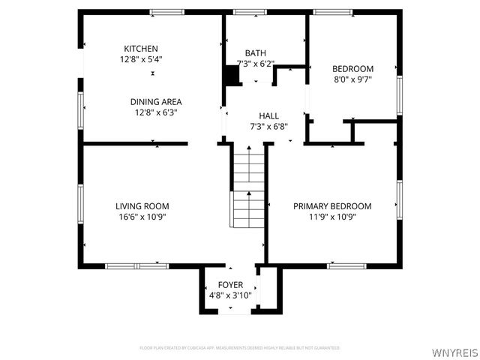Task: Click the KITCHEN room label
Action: pos(141,49)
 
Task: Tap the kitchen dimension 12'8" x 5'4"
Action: pos(141,58)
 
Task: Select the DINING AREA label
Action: pos(156,102)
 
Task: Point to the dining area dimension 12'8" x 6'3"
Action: pos(156,112)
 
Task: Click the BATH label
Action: pos(255,53)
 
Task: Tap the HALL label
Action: pos(268,116)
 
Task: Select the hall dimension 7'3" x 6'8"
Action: pos(268,127)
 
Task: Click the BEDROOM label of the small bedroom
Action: pos(352,69)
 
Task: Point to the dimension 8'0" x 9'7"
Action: pos(352,79)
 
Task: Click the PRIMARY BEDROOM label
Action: pos(332,206)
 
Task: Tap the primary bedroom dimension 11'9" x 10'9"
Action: pos(332,217)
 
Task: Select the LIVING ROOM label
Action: pos(142,206)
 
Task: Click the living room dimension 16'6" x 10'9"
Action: pos(142,217)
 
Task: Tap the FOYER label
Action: pos(230,286)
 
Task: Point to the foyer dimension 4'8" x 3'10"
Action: pos(230,295)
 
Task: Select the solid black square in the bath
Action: pos(232,76)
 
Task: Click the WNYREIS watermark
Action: pos(454,350)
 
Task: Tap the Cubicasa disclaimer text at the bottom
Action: pos(240,348)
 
